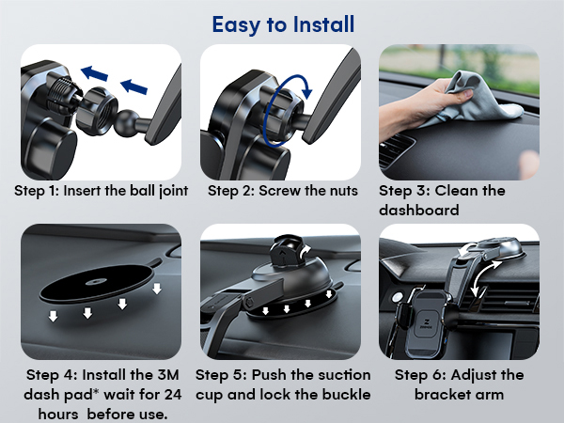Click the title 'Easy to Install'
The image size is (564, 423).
pyautogui.click(x=283, y=23)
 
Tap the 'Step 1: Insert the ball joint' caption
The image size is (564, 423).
pyautogui.click(x=102, y=191)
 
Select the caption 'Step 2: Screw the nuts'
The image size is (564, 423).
pyautogui.click(x=282, y=191)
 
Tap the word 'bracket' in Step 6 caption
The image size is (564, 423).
pyautogui.click(x=446, y=393)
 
